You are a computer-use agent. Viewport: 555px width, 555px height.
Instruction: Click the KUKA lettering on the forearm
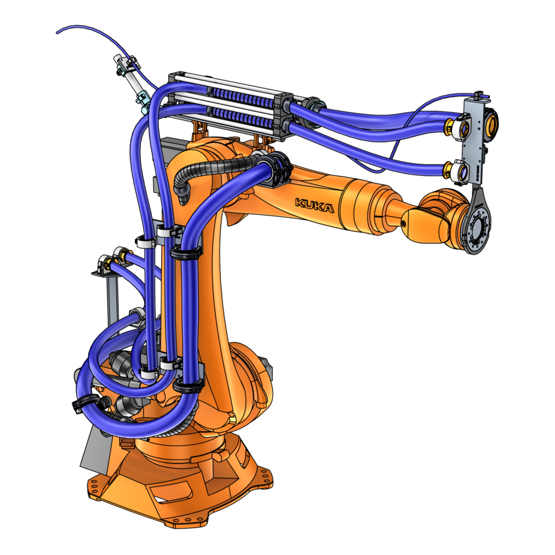(x=314, y=205)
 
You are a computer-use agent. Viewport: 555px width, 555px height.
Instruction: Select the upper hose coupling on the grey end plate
(x=456, y=124)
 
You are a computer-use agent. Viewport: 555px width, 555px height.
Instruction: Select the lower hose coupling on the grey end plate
(x=455, y=170)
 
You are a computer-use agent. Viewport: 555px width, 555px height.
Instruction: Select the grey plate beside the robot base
(x=93, y=450)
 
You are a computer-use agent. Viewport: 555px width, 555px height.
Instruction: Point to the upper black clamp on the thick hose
(x=186, y=253)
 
